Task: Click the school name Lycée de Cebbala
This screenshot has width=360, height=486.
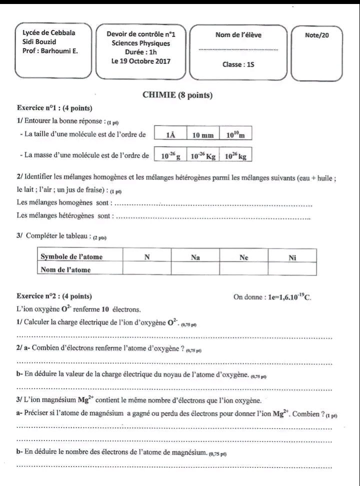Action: pos(49,32)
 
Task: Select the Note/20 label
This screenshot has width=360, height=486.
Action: pos(317,35)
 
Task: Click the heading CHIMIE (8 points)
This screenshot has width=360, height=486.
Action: pos(177,95)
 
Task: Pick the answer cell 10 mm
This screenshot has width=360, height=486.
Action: pos(203,134)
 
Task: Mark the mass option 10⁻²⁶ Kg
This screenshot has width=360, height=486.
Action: pos(203,156)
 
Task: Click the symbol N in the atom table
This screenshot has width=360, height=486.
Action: pos(147,257)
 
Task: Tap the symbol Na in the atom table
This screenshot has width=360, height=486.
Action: pos(195,257)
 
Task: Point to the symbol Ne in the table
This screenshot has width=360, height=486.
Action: pos(244,257)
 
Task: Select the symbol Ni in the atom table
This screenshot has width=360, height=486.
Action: pos(292,257)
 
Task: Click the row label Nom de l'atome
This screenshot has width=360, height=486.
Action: pos(65,269)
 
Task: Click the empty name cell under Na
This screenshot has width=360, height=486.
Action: pos(195,269)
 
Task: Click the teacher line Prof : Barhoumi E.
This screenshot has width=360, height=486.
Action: pos(50,50)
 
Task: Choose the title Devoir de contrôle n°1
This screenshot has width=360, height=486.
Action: pos(141,34)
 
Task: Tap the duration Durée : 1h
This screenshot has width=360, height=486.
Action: pos(141,52)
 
